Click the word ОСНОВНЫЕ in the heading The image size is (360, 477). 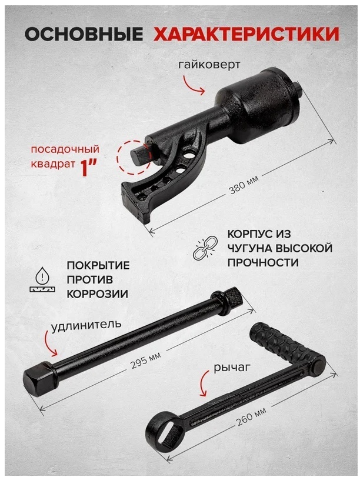point(84,34)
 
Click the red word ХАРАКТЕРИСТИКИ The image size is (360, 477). point(246,34)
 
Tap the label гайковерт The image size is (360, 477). point(209,65)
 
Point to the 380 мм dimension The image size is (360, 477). point(244,185)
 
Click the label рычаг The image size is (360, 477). point(232,368)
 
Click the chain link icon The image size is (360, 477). point(206,248)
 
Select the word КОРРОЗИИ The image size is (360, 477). point(98,294)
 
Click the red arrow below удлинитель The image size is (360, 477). point(49,343)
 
